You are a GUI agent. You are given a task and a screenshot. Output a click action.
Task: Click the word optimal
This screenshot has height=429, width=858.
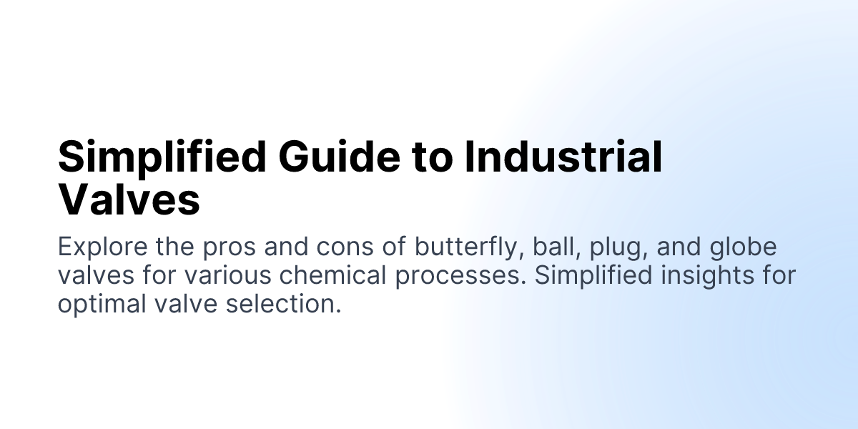[101, 304]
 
